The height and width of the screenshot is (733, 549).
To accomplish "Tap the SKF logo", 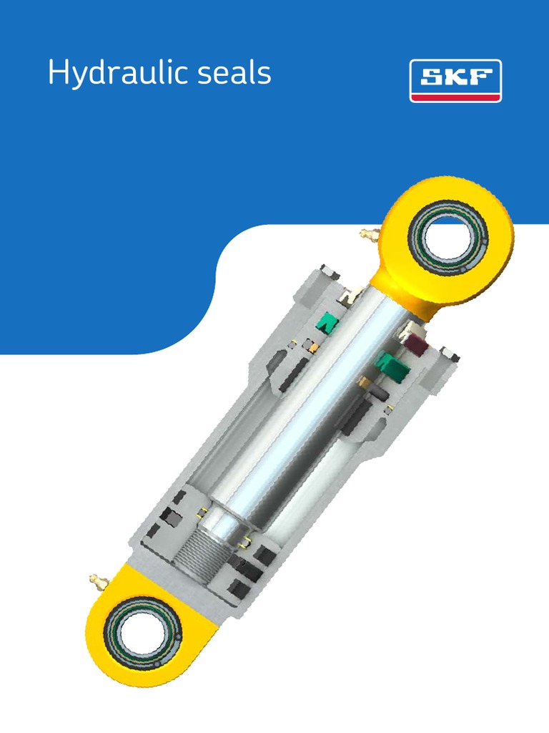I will coord(455,81).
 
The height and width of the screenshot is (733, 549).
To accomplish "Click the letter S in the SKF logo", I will coord(432,77).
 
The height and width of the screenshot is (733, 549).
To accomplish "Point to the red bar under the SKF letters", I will coord(455,94).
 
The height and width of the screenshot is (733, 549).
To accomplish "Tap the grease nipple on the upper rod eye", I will coord(368,234).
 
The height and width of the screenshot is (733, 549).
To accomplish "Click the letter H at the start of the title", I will coord(56,74).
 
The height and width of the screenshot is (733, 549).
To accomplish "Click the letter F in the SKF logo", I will coord(480,77).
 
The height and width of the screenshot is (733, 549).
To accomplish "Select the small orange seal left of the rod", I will coord(312,346).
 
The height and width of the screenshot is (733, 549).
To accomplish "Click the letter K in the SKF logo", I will coord(456,77).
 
